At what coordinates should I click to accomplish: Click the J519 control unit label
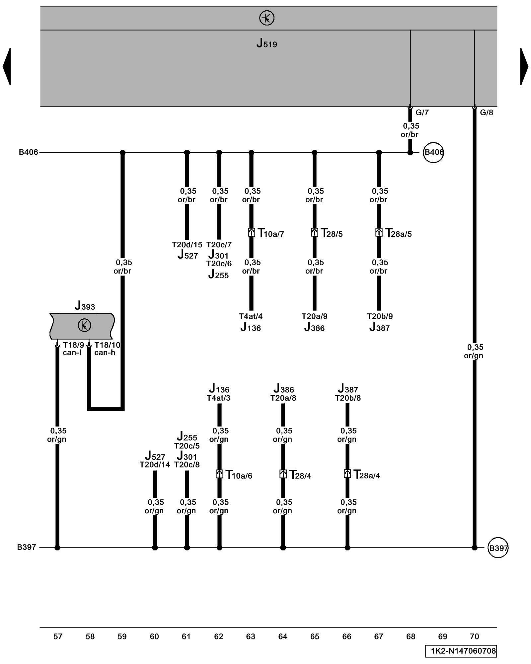pos(266,43)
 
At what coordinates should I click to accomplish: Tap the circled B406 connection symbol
pos(433,152)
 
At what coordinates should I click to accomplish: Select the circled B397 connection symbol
pos(498,548)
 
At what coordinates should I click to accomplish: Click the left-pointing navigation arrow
pos(7,66)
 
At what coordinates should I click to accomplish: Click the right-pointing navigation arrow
pos(524,66)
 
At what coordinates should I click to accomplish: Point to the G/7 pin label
pos(422,113)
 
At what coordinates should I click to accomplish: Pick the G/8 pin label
pos(487,113)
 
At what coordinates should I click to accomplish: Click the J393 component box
pos(82,326)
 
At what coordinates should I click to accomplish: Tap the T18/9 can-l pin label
pos(73,349)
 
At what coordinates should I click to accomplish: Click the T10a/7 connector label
pos(271,234)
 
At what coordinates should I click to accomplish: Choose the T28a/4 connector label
pos(366,475)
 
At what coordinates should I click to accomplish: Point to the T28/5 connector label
pos(332,234)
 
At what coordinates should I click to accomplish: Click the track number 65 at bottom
pos(315,637)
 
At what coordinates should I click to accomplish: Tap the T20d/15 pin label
pos(187,245)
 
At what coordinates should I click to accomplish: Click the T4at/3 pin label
pos(218,398)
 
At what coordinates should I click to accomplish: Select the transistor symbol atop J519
pos(266,18)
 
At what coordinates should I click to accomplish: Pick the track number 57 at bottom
pos(58,637)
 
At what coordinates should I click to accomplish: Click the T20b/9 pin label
pos(380,316)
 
